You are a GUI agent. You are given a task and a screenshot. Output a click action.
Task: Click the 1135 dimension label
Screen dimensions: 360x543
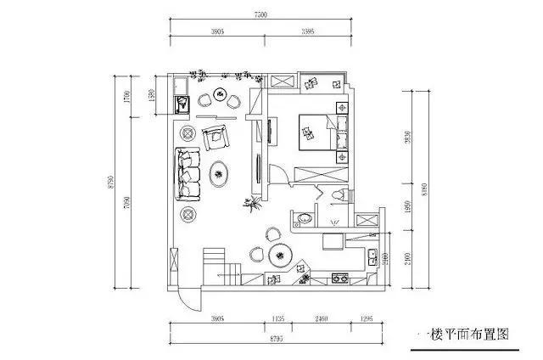(x=278, y=319)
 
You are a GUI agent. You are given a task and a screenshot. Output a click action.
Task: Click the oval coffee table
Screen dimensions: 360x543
(x=220, y=174)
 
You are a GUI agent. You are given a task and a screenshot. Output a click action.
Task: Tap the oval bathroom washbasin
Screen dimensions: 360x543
(x=304, y=220)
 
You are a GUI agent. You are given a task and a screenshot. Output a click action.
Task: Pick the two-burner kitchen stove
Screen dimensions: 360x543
(x=341, y=278)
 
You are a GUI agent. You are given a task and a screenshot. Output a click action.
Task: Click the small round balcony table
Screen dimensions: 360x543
(x=221, y=93)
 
